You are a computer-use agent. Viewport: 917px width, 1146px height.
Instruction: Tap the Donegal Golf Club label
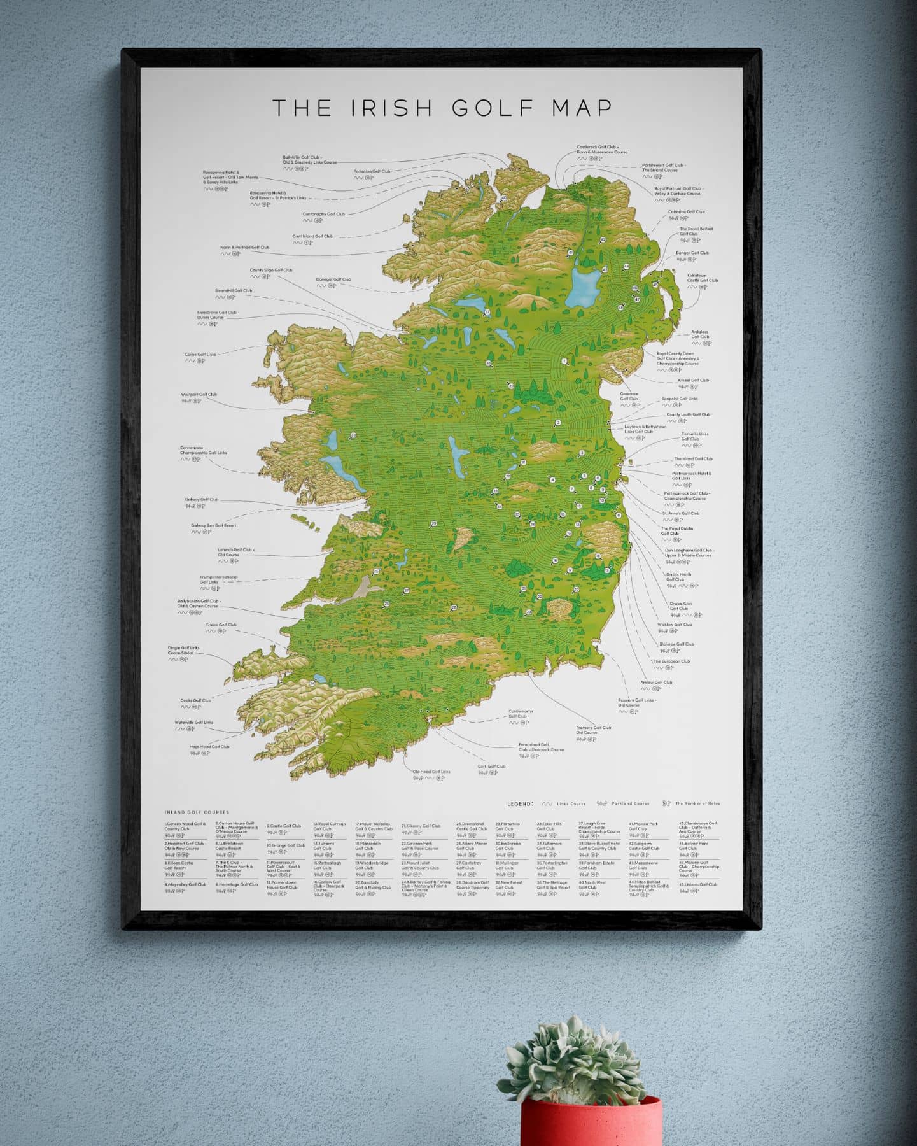pos(333,279)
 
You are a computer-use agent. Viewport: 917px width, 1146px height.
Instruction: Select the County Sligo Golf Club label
pos(270,270)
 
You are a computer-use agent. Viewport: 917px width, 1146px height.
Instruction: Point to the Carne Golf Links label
pos(200,355)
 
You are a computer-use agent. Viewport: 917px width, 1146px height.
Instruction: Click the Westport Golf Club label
pos(199,395)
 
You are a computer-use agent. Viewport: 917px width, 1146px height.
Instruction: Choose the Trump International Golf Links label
pos(218,579)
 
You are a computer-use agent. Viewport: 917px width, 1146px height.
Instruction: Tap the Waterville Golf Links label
pos(194,723)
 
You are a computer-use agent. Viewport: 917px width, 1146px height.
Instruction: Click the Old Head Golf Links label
pos(431,772)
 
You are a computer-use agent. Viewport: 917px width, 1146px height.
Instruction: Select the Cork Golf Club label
pos(491,767)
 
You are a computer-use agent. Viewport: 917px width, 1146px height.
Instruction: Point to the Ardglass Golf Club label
pos(699,334)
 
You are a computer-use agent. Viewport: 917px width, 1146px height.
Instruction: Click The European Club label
pos(671,661)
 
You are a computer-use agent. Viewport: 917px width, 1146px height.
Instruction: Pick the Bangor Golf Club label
pos(692,253)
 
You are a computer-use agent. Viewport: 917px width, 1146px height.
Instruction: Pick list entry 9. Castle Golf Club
pos(284,826)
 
